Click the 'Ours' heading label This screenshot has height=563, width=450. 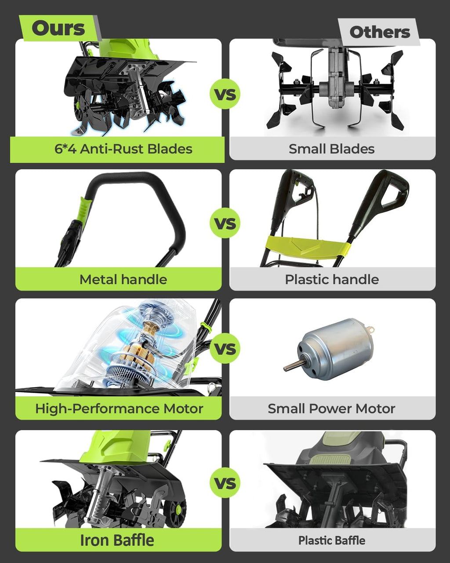(x=58, y=28)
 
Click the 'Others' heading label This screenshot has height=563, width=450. (x=380, y=32)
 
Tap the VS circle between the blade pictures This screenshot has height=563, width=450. (x=225, y=94)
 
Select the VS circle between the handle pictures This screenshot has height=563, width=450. (x=225, y=223)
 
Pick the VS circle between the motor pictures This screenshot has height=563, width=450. (x=225, y=348)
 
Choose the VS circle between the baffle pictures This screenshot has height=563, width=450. (x=225, y=483)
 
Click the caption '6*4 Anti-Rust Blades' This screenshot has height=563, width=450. (x=123, y=149)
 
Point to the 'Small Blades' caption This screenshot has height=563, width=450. (x=331, y=149)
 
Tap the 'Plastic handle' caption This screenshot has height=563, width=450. (x=332, y=279)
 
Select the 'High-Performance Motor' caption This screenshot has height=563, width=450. (x=119, y=409)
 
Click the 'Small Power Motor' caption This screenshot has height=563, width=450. (x=331, y=409)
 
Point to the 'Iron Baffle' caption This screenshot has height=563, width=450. (x=117, y=540)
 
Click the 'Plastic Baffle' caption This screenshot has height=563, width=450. (x=332, y=541)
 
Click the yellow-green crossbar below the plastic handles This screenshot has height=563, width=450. (x=307, y=245)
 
